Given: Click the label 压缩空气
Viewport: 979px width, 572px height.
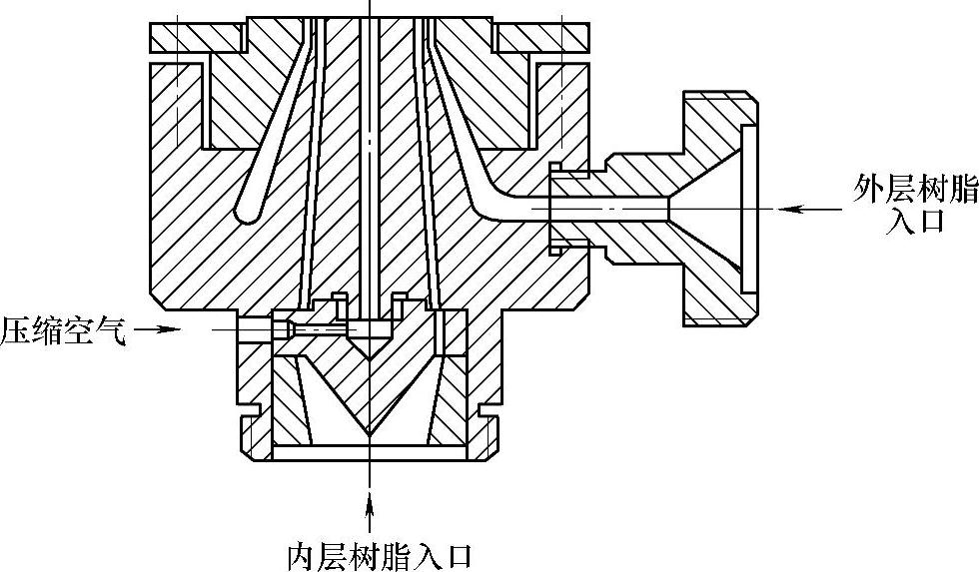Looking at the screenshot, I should (x=63, y=329).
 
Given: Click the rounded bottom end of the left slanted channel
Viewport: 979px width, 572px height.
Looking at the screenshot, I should (x=245, y=210).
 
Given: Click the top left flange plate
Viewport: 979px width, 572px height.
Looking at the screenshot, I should (x=196, y=37).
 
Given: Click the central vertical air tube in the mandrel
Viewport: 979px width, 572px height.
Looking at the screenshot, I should (x=371, y=150).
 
